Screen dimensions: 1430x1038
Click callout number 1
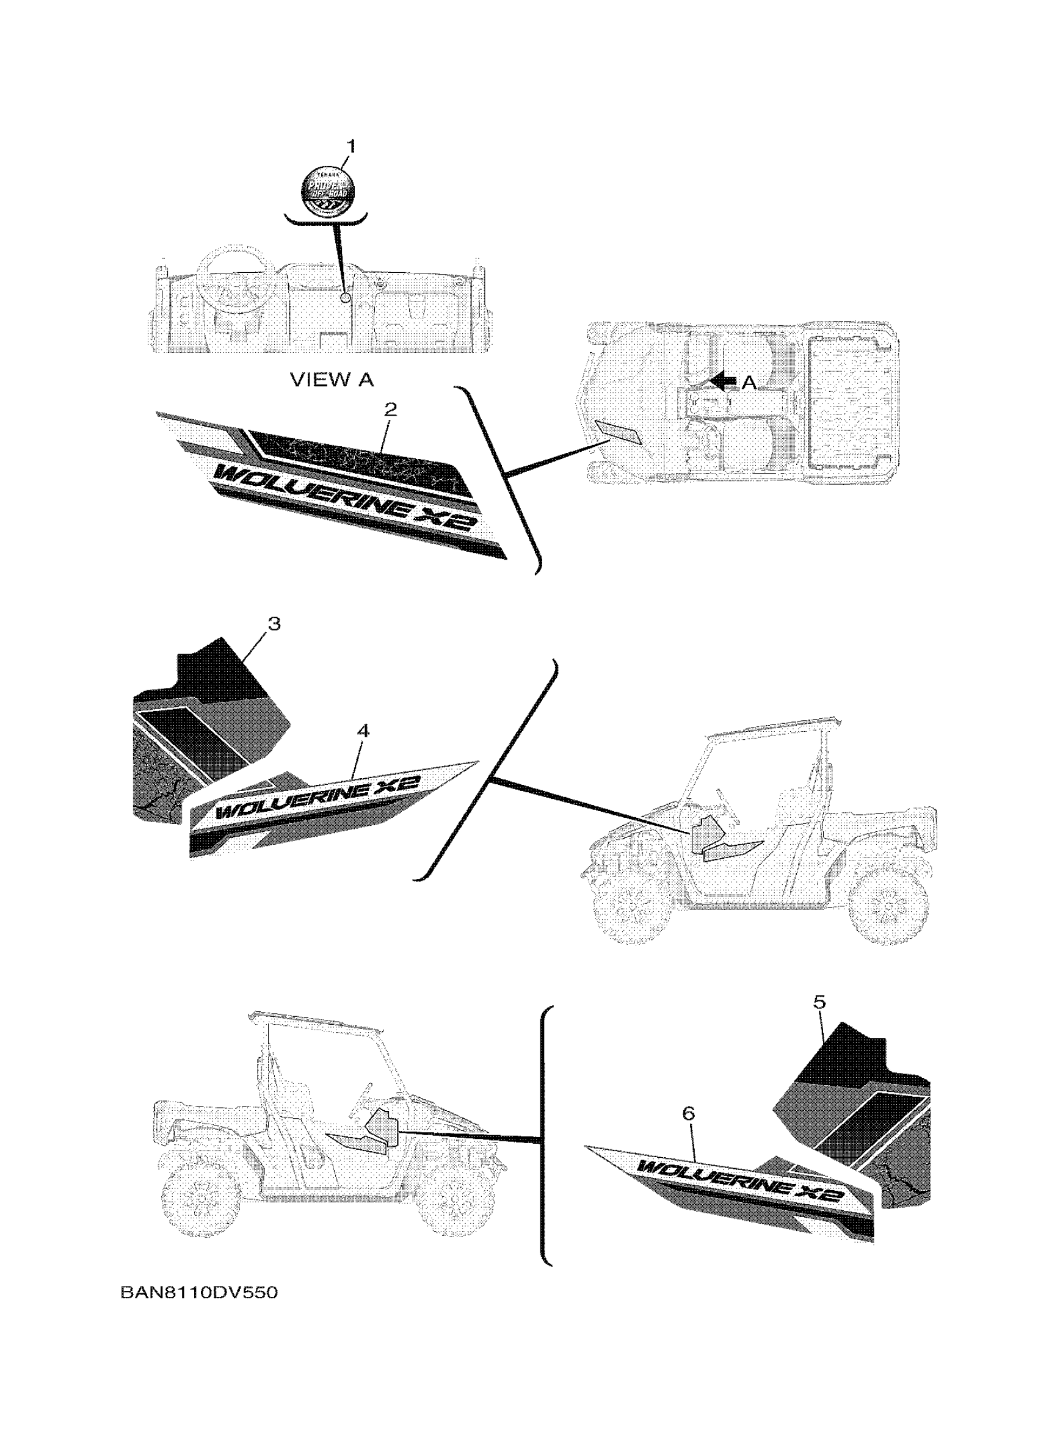351,147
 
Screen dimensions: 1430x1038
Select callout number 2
390,410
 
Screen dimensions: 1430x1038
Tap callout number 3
274,624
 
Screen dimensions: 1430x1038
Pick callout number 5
819,1002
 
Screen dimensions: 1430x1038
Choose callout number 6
688,1114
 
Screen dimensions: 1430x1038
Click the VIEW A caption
332,380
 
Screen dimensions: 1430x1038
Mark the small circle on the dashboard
344,297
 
